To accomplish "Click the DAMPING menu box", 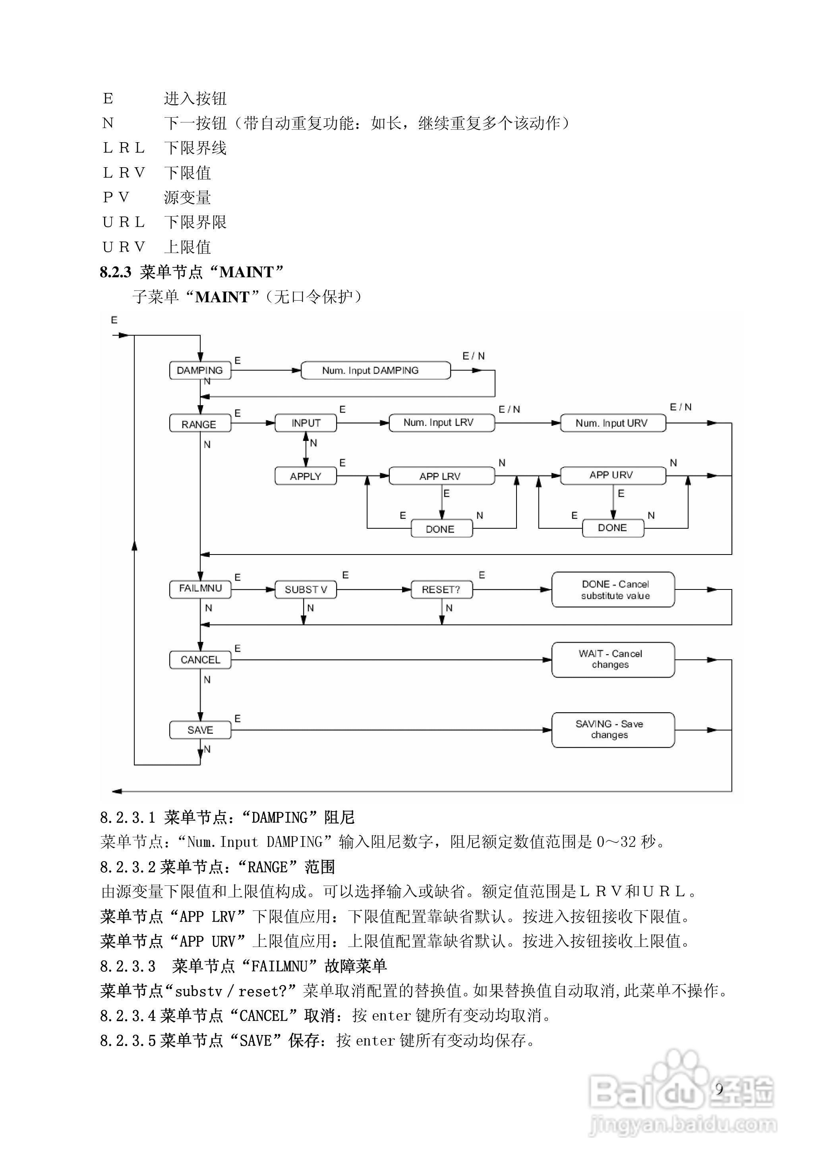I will (200, 370).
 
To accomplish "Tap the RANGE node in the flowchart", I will (200, 424).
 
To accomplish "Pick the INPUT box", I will (306, 423).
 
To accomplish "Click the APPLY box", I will (306, 476).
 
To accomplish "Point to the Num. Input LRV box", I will (441, 423).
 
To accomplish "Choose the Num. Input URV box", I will (613, 423).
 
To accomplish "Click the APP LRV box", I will (441, 476).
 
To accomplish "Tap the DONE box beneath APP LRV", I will (441, 529).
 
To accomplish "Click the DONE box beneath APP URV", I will (613, 528).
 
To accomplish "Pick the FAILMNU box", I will (200, 589).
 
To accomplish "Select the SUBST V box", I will (306, 589).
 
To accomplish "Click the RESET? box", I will (441, 589).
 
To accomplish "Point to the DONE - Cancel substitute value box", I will (613, 589).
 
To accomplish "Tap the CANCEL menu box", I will (200, 660).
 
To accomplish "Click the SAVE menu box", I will (200, 730).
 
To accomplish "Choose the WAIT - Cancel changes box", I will (613, 659).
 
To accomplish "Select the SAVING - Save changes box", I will (613, 730).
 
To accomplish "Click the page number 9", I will (719, 1089).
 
